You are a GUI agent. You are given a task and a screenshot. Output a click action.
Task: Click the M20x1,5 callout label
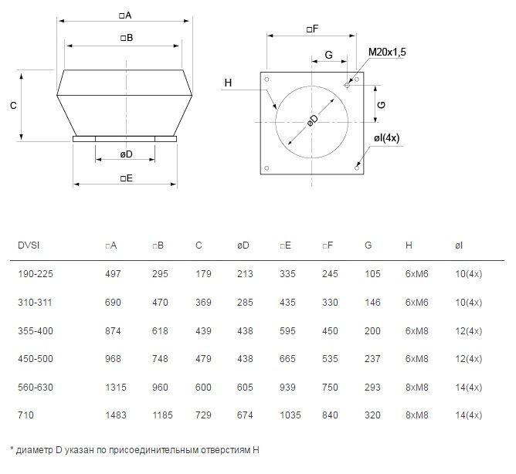(x=387, y=52)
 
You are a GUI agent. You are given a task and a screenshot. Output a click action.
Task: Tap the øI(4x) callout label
(x=387, y=138)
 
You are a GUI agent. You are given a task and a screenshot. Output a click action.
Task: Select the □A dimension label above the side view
(x=125, y=15)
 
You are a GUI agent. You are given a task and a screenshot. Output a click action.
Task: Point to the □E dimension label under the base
(x=127, y=178)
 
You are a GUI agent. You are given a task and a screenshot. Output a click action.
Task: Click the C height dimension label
(x=13, y=106)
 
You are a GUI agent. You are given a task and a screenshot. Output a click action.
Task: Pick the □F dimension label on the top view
(x=312, y=29)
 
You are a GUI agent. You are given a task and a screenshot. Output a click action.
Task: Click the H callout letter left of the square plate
(x=228, y=83)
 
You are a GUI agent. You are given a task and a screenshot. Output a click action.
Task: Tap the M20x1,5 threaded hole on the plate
(x=347, y=86)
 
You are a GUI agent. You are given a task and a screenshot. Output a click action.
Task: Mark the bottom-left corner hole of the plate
(x=267, y=168)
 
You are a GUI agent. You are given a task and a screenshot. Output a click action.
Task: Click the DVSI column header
(x=29, y=245)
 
